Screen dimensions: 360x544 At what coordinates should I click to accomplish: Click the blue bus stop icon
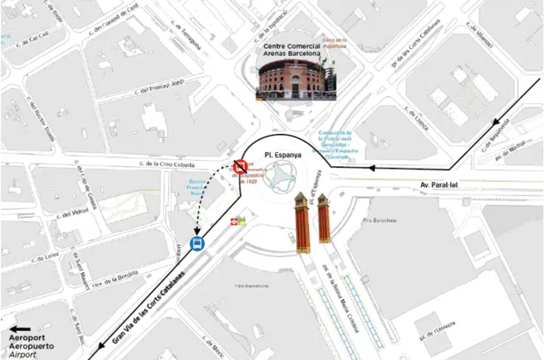click(x=197, y=243)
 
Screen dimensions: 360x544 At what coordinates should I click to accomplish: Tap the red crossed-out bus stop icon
click(x=239, y=166)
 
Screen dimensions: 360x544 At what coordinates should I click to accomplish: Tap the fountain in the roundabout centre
click(x=281, y=180)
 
